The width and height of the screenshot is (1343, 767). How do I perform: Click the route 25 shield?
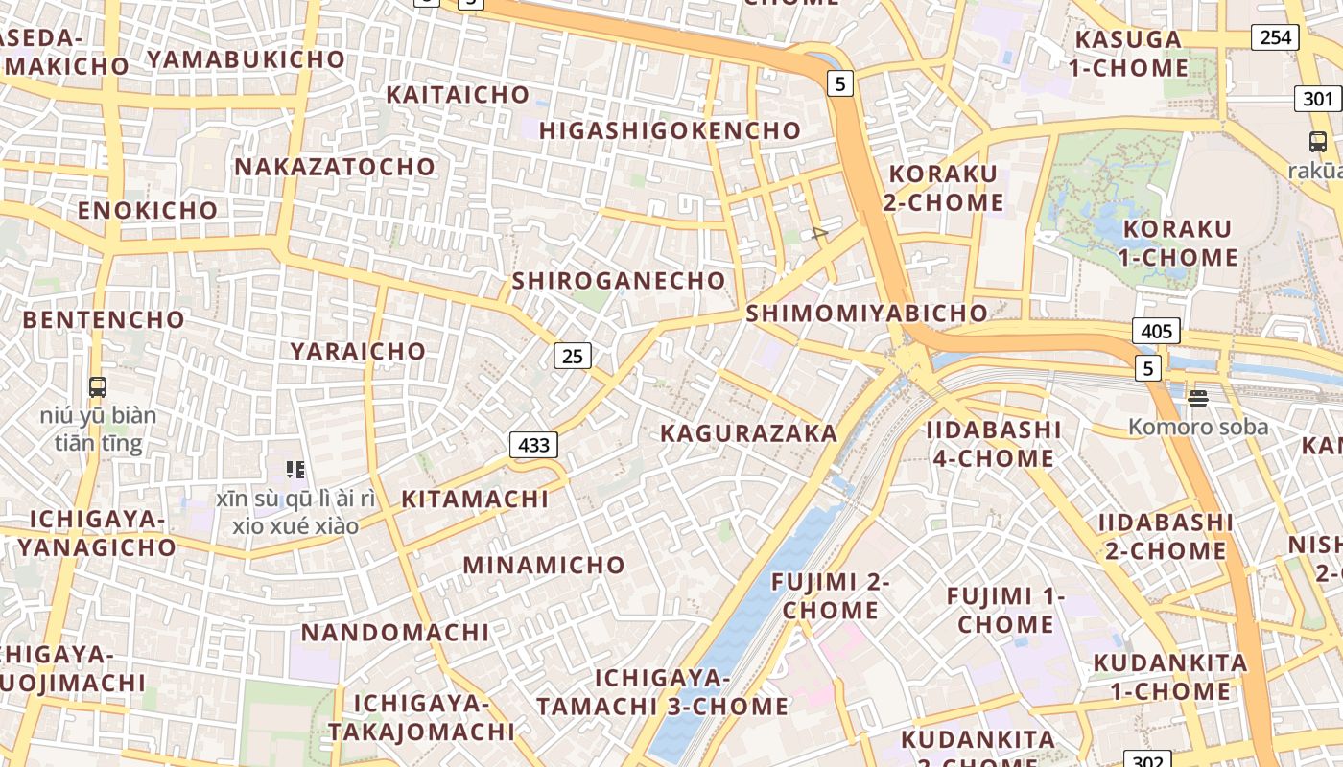coord(572,357)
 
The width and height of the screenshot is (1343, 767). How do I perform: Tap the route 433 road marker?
coord(533,445)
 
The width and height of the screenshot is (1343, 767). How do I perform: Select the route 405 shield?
coord(1156,332)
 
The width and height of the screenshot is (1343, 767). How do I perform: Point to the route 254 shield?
coord(1275,37)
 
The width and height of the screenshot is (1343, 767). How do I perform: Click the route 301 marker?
coord(1318,98)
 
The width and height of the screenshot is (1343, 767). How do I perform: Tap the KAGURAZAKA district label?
coord(749,433)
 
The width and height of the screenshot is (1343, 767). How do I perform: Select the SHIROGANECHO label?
coord(619,281)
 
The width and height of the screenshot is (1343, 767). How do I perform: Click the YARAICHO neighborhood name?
coord(358,351)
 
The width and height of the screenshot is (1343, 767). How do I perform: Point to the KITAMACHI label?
coord(475,500)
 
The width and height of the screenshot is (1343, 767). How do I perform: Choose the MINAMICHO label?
coord(544,565)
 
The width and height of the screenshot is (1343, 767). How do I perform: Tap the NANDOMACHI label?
coord(395,633)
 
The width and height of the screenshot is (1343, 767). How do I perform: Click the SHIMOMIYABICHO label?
coord(866,313)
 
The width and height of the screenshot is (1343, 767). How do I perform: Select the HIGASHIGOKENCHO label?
coord(670,130)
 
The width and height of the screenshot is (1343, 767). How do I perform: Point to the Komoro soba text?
coord(1198,428)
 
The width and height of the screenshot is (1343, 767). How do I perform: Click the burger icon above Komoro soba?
coord(1197,396)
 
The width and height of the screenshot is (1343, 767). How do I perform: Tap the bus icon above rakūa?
coord(1318,142)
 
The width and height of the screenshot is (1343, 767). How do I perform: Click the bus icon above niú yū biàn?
coord(97,387)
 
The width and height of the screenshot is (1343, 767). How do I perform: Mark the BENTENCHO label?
coord(104,319)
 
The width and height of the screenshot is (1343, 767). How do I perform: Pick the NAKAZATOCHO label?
coord(335,167)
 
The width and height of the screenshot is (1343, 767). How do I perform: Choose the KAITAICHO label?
coord(458,95)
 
